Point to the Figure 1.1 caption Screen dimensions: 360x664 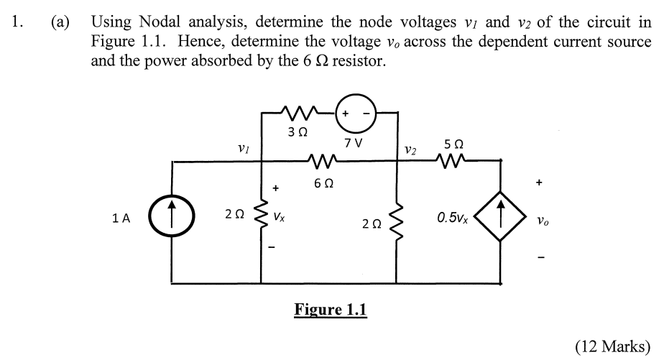[x=331, y=310]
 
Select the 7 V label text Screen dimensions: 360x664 [x=354, y=142]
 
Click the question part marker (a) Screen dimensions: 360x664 [x=60, y=22]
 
